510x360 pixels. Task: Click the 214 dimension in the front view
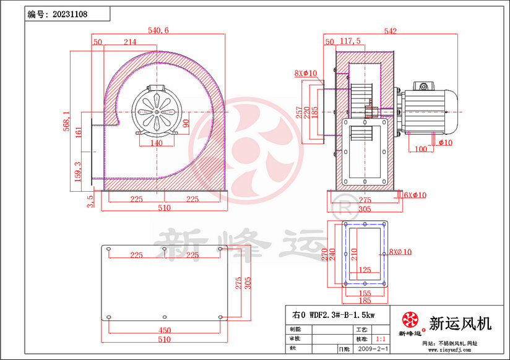[130, 42]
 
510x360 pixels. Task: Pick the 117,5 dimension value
[350, 41]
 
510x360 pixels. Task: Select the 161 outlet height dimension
[79, 132]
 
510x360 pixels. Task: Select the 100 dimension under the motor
[420, 149]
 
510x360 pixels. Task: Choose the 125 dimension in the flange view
[365, 270]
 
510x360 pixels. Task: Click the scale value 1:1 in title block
[382, 340]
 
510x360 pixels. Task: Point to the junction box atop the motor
[425, 85]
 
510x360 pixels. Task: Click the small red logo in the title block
[410, 320]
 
